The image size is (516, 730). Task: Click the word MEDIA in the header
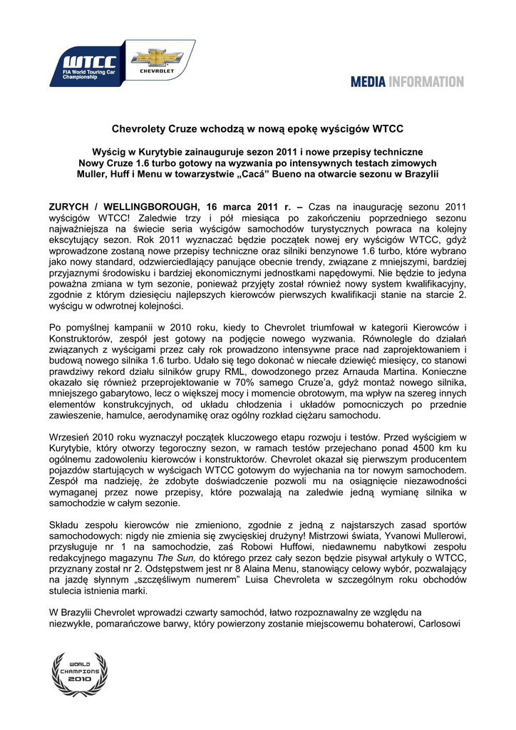coord(368,82)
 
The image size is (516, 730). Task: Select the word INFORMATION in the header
coord(426,82)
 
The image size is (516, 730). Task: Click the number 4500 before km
coord(412,448)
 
